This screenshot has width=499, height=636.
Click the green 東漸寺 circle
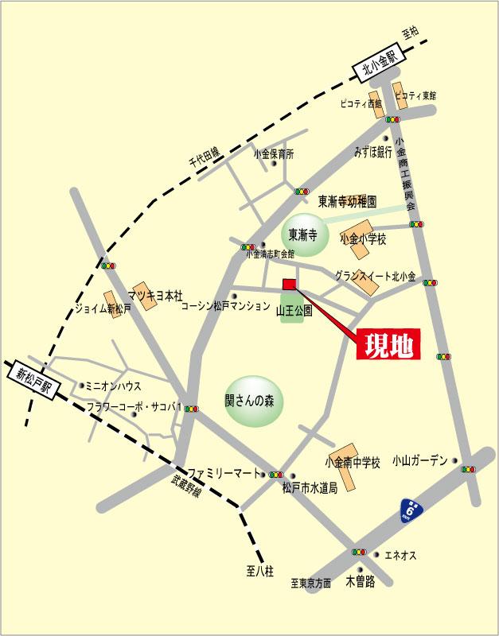pyautogui.click(x=304, y=235)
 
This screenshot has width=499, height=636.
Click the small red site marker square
pyautogui.click(x=289, y=285)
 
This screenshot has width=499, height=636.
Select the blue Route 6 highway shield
pyautogui.click(x=410, y=510)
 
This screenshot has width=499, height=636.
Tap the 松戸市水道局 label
pyautogui.click(x=310, y=488)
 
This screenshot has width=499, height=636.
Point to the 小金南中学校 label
pyautogui.click(x=353, y=462)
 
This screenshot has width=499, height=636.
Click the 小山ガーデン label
pyautogui.click(x=419, y=461)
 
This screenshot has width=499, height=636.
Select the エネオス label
pyautogui.click(x=400, y=555)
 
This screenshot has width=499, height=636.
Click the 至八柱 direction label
pyautogui.click(x=260, y=572)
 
